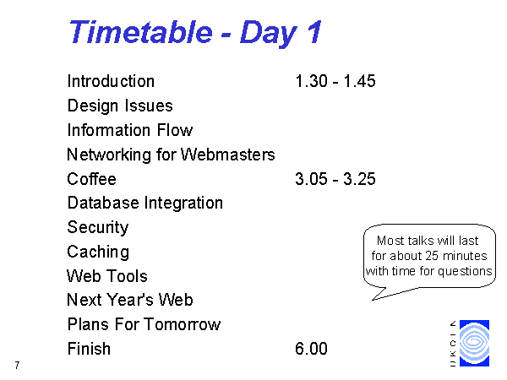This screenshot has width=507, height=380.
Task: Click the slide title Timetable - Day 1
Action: click(195, 32)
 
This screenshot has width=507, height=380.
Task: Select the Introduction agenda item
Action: click(111, 81)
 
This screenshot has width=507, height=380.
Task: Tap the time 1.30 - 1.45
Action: click(335, 81)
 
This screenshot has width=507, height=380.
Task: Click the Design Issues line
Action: click(120, 106)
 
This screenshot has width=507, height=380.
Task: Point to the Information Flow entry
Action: click(129, 130)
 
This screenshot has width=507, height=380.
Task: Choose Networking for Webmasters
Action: click(171, 155)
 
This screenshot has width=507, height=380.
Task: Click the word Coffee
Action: click(91, 179)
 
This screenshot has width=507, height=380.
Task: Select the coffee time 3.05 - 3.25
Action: click(335, 179)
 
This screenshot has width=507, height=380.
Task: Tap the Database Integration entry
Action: click(145, 204)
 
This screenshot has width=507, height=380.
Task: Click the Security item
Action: click(98, 227)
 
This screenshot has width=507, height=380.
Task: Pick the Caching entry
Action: click(98, 252)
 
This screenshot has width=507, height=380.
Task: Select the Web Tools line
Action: click(107, 276)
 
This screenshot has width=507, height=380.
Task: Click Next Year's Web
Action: click(129, 300)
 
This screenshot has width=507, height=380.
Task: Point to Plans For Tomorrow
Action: click(144, 324)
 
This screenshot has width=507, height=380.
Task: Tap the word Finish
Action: click(89, 349)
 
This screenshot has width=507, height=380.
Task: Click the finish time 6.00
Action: click(311, 349)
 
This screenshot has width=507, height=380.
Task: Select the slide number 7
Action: click(17, 365)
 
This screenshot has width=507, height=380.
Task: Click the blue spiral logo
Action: click(474, 343)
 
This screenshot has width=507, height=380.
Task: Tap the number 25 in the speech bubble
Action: click(432, 256)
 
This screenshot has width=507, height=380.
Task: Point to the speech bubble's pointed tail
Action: click(373, 300)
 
